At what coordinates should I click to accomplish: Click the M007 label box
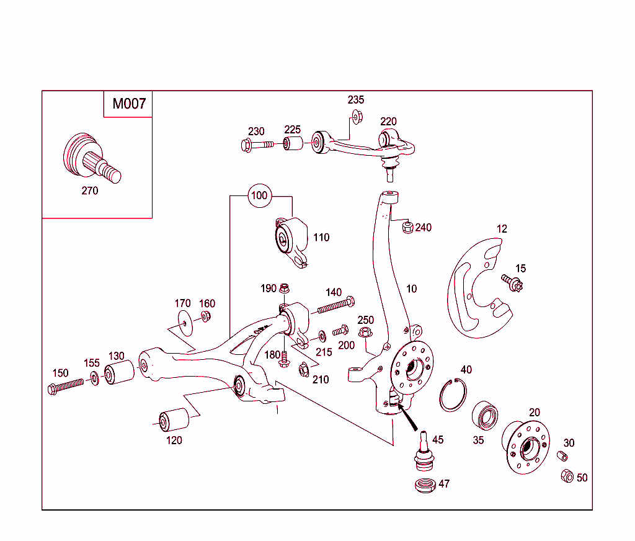[128, 104]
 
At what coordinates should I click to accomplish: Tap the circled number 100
[259, 196]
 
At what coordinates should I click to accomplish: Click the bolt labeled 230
[255, 145]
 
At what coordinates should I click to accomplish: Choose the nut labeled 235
[357, 115]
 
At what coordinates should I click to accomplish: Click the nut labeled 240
[407, 228]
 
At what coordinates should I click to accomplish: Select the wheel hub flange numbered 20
[525, 448]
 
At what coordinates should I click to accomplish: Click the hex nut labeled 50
[567, 476]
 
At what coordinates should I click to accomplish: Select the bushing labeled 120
[174, 421]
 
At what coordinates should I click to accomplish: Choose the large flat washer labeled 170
[184, 323]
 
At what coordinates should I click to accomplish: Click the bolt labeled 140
[335, 305]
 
